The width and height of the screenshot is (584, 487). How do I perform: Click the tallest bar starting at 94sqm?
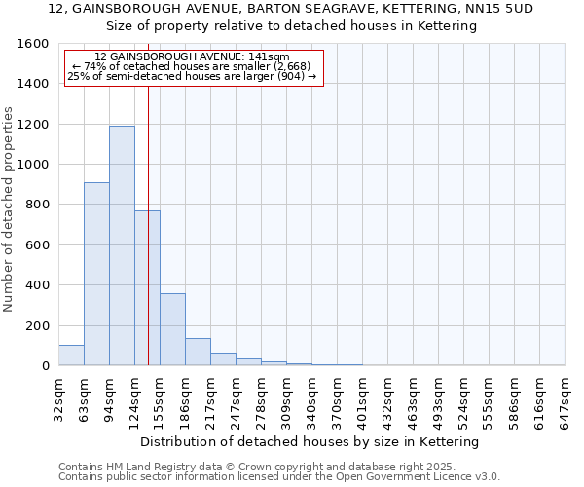tap(122, 245)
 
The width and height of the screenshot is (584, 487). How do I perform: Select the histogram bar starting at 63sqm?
tap(96, 274)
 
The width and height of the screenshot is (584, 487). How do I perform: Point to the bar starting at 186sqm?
tap(198, 352)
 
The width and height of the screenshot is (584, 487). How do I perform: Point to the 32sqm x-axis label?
tap(58, 397)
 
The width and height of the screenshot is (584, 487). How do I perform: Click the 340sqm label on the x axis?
tap(311, 397)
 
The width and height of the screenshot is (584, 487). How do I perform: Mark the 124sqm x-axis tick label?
tap(134, 397)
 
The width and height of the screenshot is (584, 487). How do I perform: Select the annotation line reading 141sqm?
tap(193, 57)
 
